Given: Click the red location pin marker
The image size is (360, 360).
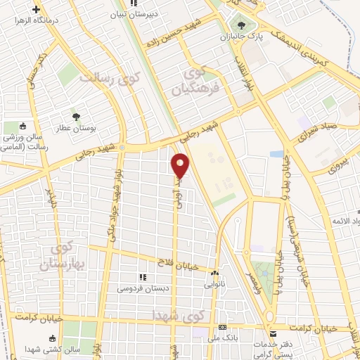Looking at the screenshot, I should click(181, 165).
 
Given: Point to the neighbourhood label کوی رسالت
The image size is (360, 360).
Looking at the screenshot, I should click(109, 77).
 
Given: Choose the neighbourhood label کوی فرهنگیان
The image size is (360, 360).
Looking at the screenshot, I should click(201, 81).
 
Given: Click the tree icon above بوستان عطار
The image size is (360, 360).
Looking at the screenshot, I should click(75, 115).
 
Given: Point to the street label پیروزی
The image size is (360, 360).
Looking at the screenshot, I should click(337, 169).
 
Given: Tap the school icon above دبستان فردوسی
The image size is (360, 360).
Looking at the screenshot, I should click(143, 277).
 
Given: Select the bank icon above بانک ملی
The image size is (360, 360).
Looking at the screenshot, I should click(222, 328).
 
